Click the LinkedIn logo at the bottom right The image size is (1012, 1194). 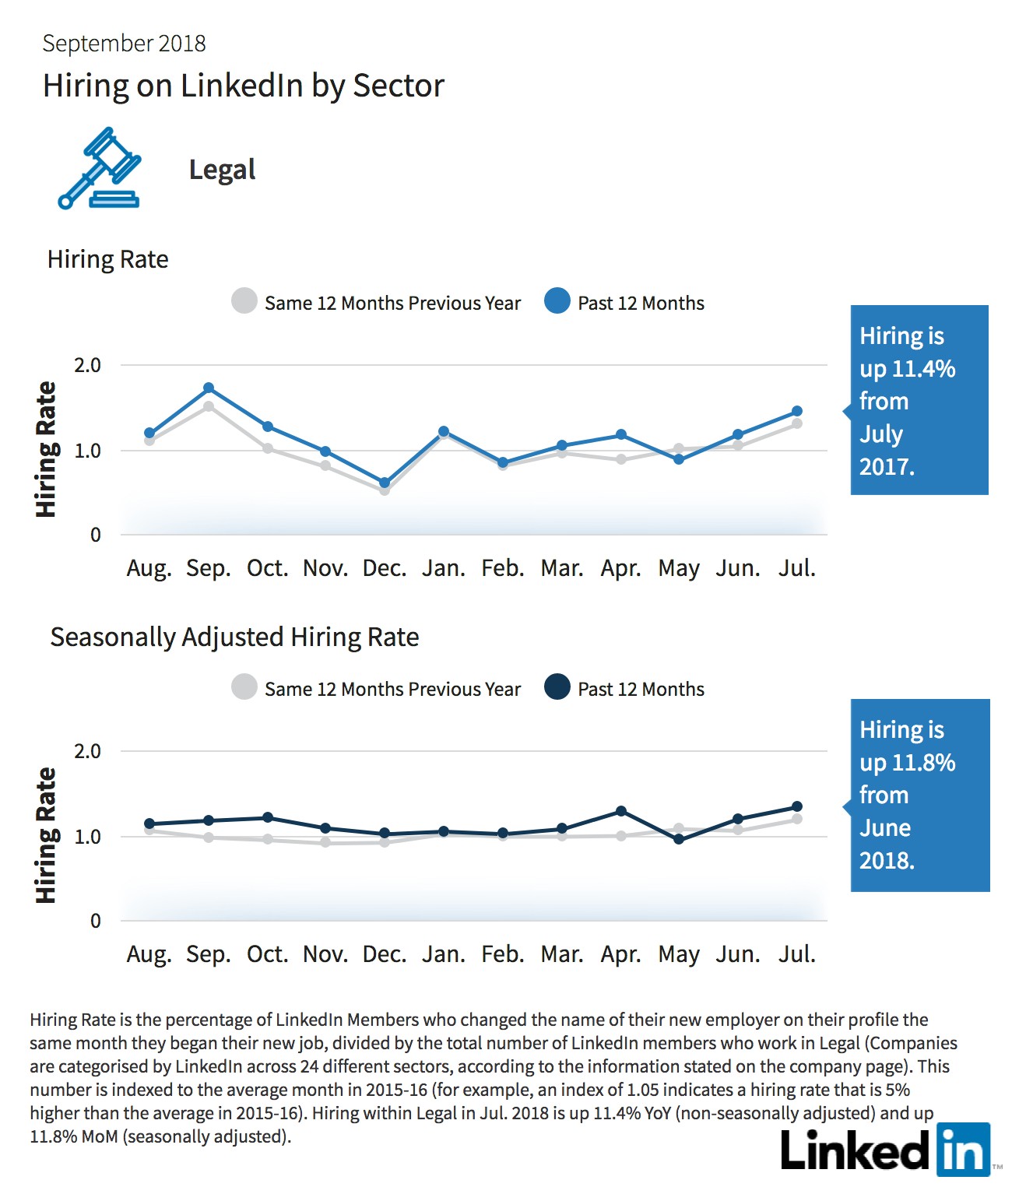point(886,1150)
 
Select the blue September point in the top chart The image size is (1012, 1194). point(209,388)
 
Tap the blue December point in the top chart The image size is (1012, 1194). point(385,483)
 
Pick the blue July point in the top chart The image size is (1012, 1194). point(797,411)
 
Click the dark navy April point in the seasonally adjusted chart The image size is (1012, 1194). point(621,811)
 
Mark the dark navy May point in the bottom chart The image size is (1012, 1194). point(680,839)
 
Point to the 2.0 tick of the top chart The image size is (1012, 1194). point(87,365)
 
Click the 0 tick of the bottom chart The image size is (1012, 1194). point(95,921)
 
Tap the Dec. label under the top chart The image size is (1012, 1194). point(385,568)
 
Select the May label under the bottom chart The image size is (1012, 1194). point(680,955)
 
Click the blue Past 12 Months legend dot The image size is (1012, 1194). point(557,301)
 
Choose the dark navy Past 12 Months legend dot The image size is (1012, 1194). point(557,687)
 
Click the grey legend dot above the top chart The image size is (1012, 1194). point(244,301)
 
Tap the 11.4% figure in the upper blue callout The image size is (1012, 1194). point(923,368)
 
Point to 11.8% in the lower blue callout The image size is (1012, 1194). point(923,763)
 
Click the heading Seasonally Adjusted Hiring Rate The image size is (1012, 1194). point(234,637)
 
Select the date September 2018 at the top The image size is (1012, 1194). point(125,44)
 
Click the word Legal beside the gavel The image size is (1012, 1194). point(223,170)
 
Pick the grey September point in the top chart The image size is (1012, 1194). point(209,406)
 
